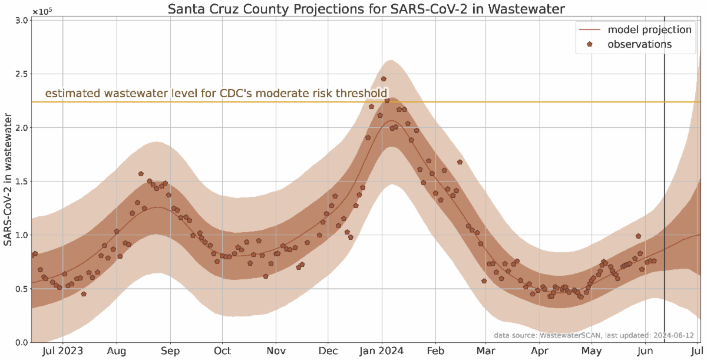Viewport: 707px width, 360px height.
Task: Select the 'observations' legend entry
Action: (x=639, y=44)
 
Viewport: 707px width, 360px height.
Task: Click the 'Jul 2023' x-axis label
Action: (x=63, y=351)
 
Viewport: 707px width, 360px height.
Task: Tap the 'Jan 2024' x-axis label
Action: (x=382, y=351)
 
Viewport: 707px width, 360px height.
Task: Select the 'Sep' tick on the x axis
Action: (x=170, y=351)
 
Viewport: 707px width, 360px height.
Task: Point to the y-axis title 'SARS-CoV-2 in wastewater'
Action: (x=8, y=181)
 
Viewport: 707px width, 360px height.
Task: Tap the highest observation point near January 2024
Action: (x=384, y=78)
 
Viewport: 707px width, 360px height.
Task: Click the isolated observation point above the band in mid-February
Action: (x=460, y=162)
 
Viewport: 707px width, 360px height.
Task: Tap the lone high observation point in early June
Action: (x=638, y=236)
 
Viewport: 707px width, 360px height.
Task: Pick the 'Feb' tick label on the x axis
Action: (x=435, y=351)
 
